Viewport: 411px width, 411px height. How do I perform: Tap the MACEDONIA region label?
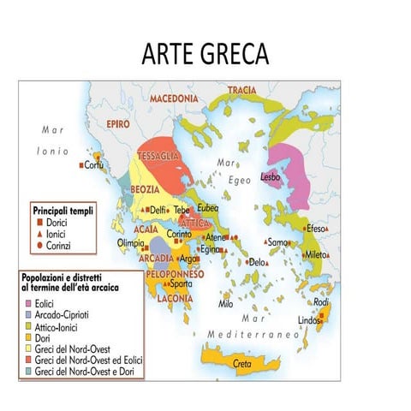point(174,98)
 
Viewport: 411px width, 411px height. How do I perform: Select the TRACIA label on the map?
point(242,90)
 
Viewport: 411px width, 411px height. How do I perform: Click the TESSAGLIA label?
point(159,156)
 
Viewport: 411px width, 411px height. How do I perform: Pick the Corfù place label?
point(94,165)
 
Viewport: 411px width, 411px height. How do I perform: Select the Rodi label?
point(321,302)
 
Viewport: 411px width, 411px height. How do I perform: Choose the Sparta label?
point(181,283)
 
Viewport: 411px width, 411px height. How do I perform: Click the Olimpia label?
point(130,242)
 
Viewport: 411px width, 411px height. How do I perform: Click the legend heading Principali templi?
point(63,209)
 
